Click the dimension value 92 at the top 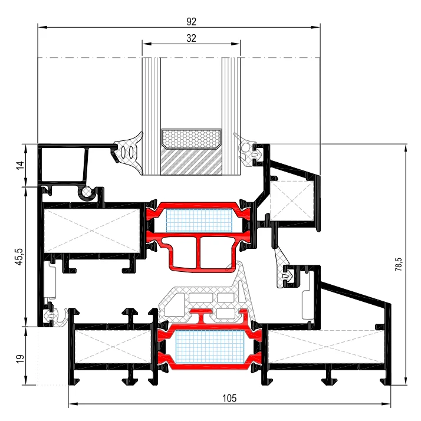pyautogui.click(x=191, y=21)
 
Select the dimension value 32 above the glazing pyautogui.click(x=191, y=38)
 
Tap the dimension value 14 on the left pyautogui.click(x=20, y=165)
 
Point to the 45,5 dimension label pyautogui.click(x=19, y=257)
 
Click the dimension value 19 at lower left pyautogui.click(x=20, y=359)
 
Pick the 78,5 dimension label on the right pyautogui.click(x=399, y=264)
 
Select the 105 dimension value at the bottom pyautogui.click(x=229, y=398)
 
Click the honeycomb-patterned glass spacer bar pyautogui.click(x=191, y=139)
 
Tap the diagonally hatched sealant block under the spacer pyautogui.click(x=191, y=162)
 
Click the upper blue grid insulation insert pyautogui.click(x=199, y=221)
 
